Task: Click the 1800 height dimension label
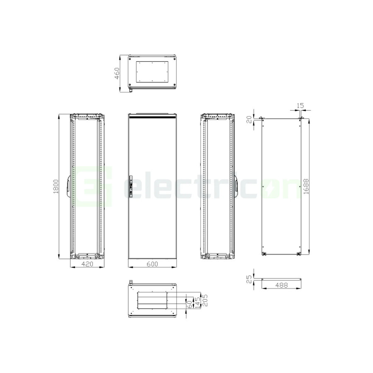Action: coord(56,186)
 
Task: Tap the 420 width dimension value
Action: coord(87,264)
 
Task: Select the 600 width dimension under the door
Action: coord(152,264)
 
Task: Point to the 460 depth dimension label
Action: coord(117,73)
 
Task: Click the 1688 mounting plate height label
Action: coord(306,186)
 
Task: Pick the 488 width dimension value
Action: coord(281,285)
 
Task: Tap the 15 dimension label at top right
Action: coord(300,105)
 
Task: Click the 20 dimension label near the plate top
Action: coord(249,120)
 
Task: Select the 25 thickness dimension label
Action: coord(249,279)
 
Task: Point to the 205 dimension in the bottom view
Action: coord(205,300)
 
